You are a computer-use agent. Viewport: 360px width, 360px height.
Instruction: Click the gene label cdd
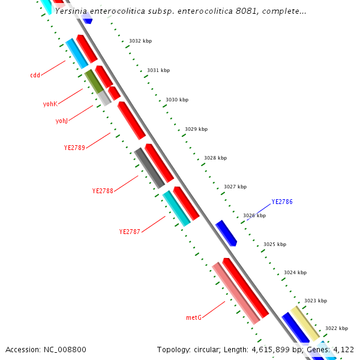[35, 76]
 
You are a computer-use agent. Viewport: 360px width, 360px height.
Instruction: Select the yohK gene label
[50, 104]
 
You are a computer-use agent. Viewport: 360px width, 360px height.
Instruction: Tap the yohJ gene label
[61, 121]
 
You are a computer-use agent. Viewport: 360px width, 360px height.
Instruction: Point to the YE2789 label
[74, 147]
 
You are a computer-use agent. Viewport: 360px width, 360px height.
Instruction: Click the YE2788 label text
[103, 191]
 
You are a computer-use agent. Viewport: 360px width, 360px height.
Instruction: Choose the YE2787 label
[130, 232]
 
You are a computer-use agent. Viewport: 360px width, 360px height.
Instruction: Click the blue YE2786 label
[282, 202]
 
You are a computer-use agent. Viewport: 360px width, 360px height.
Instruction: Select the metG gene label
[193, 317]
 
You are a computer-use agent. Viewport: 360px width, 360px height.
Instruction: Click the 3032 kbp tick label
[140, 41]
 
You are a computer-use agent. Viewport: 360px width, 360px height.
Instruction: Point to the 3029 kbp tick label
[196, 129]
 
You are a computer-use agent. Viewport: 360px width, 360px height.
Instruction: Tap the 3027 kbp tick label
[235, 187]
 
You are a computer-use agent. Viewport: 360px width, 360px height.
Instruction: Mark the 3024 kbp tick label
[295, 272]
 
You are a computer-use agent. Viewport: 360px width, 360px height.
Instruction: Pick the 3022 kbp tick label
[337, 328]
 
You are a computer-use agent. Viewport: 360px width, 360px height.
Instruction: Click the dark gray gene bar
[149, 168]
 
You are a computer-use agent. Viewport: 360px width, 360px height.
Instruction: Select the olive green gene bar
[94, 82]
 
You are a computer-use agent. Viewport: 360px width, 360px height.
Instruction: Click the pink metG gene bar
[236, 293]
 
